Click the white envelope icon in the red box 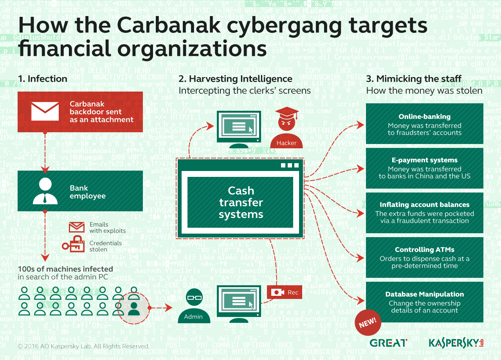click(x=45, y=111)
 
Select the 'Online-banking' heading click(x=424, y=117)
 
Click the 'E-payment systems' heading click(x=424, y=160)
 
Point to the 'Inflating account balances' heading click(x=424, y=205)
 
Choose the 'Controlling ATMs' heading click(x=424, y=250)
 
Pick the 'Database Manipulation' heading click(x=424, y=294)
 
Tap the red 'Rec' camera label click(x=285, y=292)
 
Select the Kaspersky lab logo click(x=456, y=343)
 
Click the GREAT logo click(x=388, y=343)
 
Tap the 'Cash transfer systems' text click(x=241, y=202)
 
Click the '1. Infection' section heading click(x=42, y=79)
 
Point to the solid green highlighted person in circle click(x=134, y=308)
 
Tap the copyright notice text click(x=83, y=346)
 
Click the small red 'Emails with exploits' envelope click(x=77, y=227)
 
